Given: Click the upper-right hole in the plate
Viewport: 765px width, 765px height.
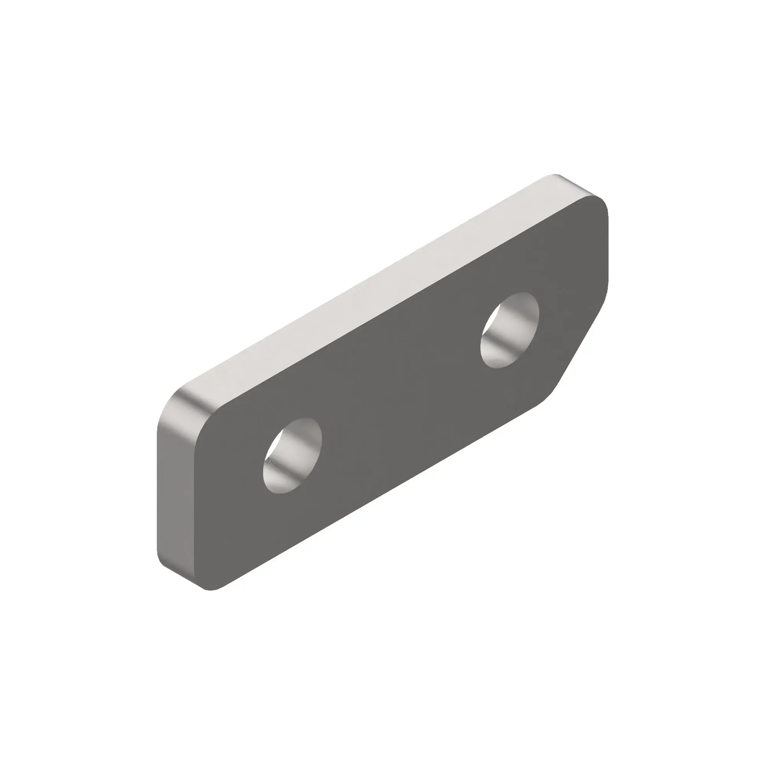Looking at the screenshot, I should tap(509, 330).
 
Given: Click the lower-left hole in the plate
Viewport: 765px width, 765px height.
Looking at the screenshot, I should tap(292, 456).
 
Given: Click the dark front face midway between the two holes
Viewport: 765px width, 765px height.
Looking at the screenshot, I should tap(400, 392).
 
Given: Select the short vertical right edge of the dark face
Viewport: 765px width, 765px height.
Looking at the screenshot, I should tap(607, 254).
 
